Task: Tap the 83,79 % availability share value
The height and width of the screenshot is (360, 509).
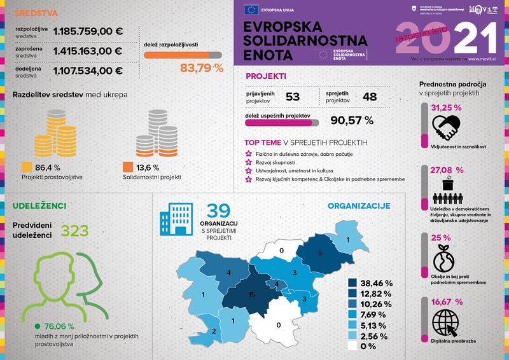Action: coord(202,67)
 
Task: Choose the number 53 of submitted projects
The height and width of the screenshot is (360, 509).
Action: coord(293,97)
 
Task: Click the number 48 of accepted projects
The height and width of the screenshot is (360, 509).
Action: coord(370,97)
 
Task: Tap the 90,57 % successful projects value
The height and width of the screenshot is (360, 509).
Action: coord(351,120)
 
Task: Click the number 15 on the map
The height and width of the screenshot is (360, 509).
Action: coord(253,294)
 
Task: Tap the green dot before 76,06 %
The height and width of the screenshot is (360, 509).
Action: coord(38,327)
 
